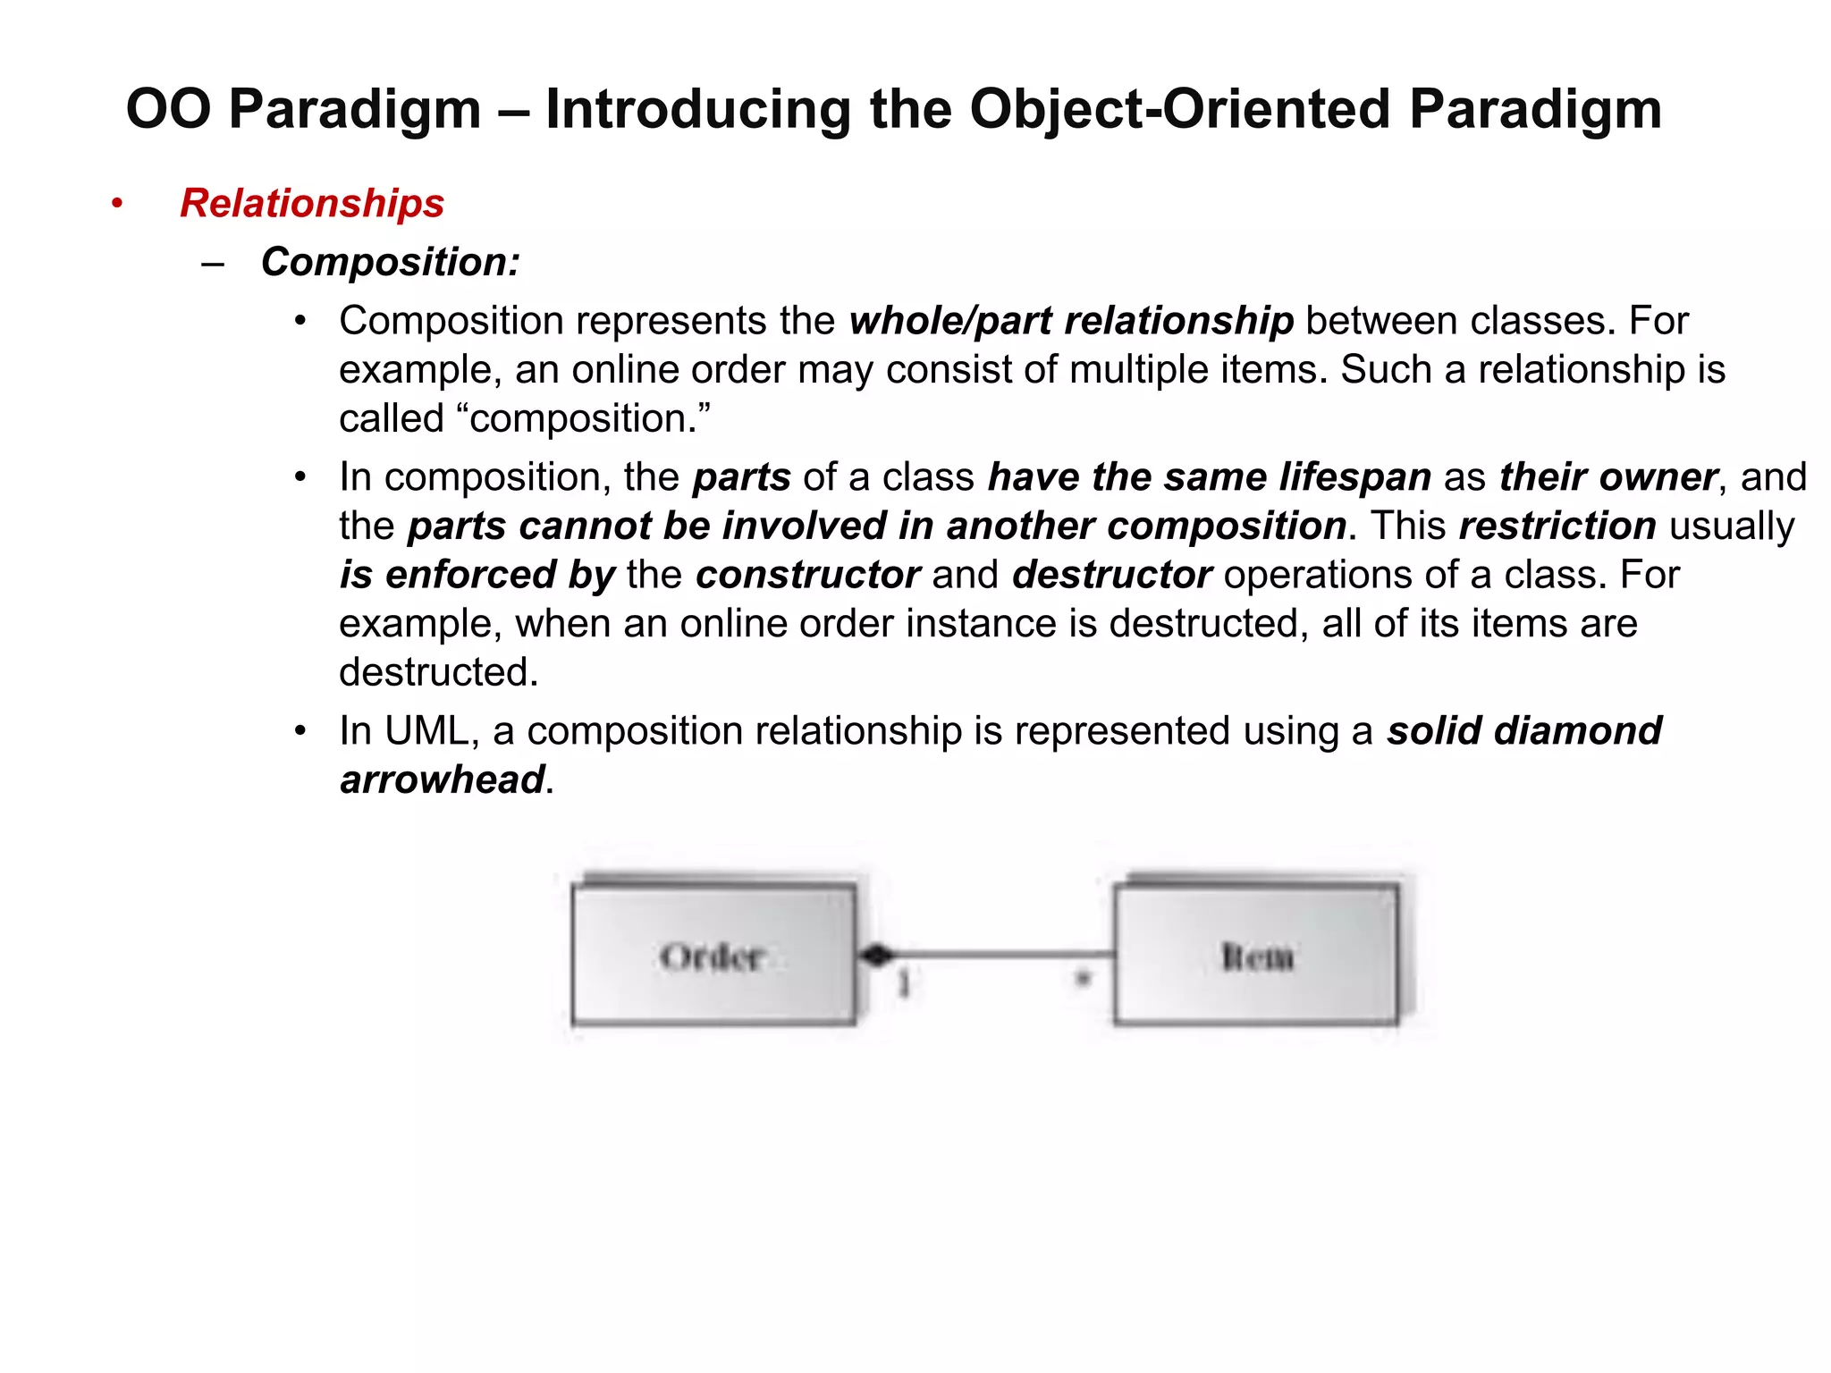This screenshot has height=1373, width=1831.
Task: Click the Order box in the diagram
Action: pyautogui.click(x=713, y=955)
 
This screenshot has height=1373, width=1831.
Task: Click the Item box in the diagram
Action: pyautogui.click(x=1256, y=955)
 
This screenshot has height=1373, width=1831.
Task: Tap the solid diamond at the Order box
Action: pyautogui.click(x=875, y=956)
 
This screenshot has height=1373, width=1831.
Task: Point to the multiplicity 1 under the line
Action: pyautogui.click(x=904, y=984)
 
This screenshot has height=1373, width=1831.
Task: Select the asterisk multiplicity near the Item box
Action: pyautogui.click(x=1083, y=980)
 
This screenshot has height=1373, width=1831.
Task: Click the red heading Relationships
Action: pyautogui.click(x=311, y=203)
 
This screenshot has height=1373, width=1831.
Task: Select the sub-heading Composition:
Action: pyautogui.click(x=390, y=262)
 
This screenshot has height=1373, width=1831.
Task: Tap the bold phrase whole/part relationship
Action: pyautogui.click(x=1071, y=321)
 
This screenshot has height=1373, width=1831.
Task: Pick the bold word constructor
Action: pyautogui.click(x=807, y=575)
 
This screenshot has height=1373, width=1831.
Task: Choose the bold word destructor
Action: pyautogui.click(x=1111, y=575)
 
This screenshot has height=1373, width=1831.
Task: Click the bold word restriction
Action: pyautogui.click(x=1557, y=526)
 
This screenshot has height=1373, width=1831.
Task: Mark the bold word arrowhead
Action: pyautogui.click(x=443, y=779)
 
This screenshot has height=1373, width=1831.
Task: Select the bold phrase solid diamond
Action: pyautogui.click(x=1523, y=731)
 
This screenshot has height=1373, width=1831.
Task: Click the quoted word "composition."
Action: pyautogui.click(x=589, y=418)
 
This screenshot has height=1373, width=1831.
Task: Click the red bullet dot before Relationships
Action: pyautogui.click(x=116, y=204)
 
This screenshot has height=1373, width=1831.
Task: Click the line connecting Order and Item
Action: pyautogui.click(x=1001, y=956)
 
